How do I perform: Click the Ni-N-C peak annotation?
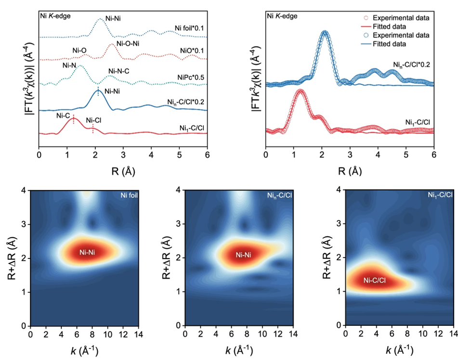click(x=118, y=71)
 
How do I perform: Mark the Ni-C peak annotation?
click(x=64, y=115)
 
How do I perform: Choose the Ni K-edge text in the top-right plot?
click(x=282, y=15)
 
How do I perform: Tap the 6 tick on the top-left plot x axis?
click(x=207, y=156)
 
